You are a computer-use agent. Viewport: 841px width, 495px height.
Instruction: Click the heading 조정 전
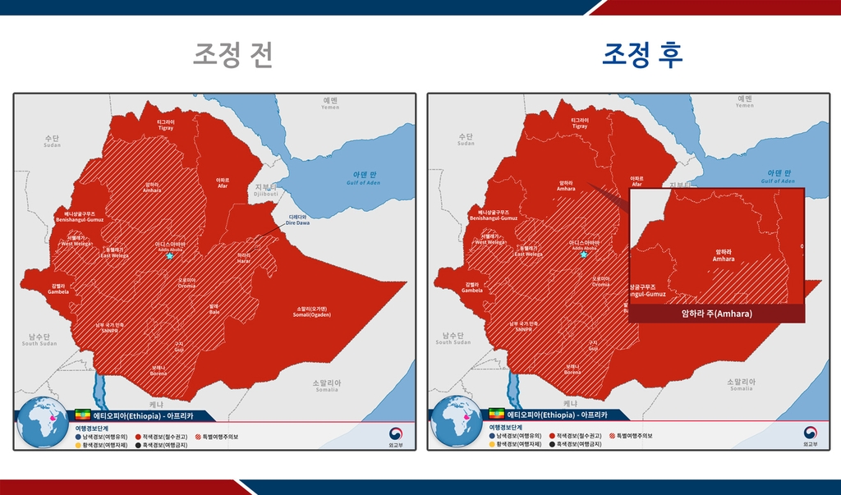pos(232,55)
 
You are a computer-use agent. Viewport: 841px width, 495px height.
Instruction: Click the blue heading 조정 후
pos(642,55)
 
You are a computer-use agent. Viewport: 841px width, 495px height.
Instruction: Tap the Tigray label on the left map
pos(166,124)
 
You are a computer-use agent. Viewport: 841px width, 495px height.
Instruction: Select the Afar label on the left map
pos(223,182)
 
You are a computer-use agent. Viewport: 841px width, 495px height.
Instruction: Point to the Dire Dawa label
pos(298,220)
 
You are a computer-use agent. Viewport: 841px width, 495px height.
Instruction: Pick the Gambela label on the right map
pos(471,288)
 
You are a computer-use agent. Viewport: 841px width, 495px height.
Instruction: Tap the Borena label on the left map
pos(159,370)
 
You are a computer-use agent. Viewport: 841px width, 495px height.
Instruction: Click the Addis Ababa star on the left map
pos(170,256)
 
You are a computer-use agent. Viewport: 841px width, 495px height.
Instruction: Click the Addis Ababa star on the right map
pos(584,254)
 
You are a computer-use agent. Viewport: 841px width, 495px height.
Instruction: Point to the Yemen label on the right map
pos(744,102)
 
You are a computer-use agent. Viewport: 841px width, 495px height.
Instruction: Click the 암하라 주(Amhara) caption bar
pos(716,314)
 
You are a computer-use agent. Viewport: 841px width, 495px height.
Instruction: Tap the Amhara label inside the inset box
pos(724,256)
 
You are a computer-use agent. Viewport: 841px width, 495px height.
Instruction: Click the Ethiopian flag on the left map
pos(83,414)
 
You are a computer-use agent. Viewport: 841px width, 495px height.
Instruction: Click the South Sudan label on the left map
pos(39,340)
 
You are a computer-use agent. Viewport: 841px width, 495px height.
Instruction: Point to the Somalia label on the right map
pos(739,386)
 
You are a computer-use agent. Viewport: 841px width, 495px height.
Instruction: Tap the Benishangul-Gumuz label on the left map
pos(79,217)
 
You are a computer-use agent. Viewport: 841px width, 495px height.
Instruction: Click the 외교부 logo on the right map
pos(810,435)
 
